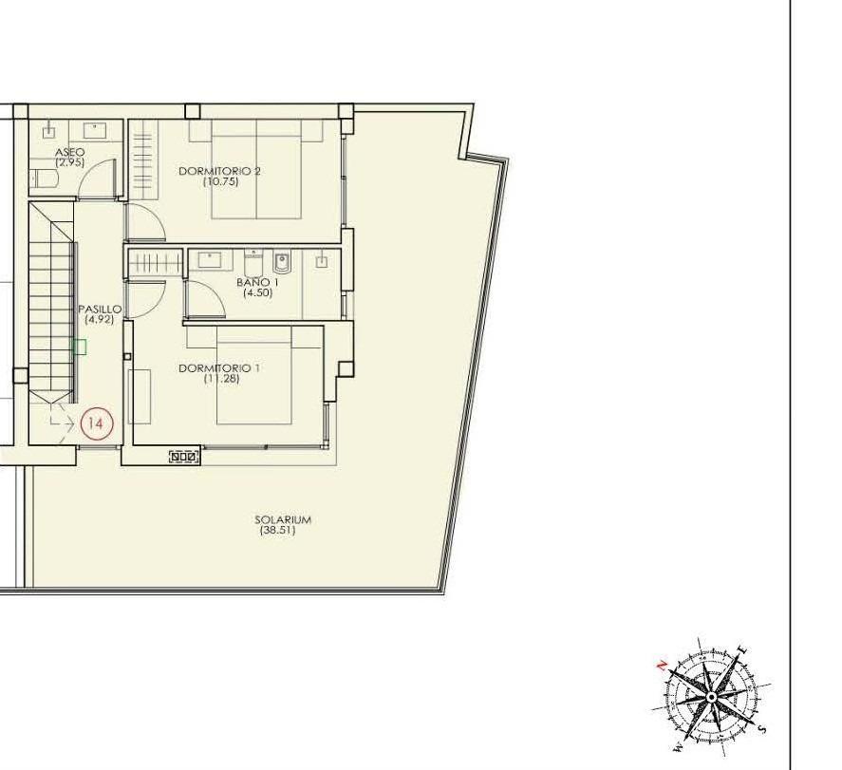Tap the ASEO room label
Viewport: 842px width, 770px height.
[x=69, y=152]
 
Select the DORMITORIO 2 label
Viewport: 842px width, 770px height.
[x=219, y=171]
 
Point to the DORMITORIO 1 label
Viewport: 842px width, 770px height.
[x=219, y=367]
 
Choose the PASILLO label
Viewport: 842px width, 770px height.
[x=99, y=310]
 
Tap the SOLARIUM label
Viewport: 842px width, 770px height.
[x=283, y=519]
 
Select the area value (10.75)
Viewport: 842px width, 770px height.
[x=220, y=181]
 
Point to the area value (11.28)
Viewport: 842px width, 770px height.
[x=220, y=378]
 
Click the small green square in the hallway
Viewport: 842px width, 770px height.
[x=80, y=347]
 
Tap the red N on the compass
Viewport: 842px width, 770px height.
[x=662, y=665]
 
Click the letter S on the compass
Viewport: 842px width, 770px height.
[x=762, y=729]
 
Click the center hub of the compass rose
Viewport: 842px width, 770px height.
[x=712, y=698]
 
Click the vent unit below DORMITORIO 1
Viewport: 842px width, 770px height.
[x=183, y=457]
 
